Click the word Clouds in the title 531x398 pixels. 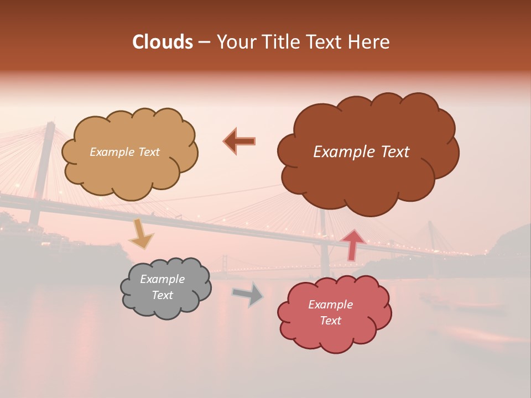[x=163, y=42]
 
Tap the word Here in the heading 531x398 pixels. [x=368, y=42]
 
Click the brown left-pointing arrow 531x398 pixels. [x=240, y=141]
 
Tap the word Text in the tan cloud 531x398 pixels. [x=148, y=152]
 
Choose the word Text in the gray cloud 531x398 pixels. [x=163, y=295]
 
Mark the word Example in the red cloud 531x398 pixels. [x=330, y=305]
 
